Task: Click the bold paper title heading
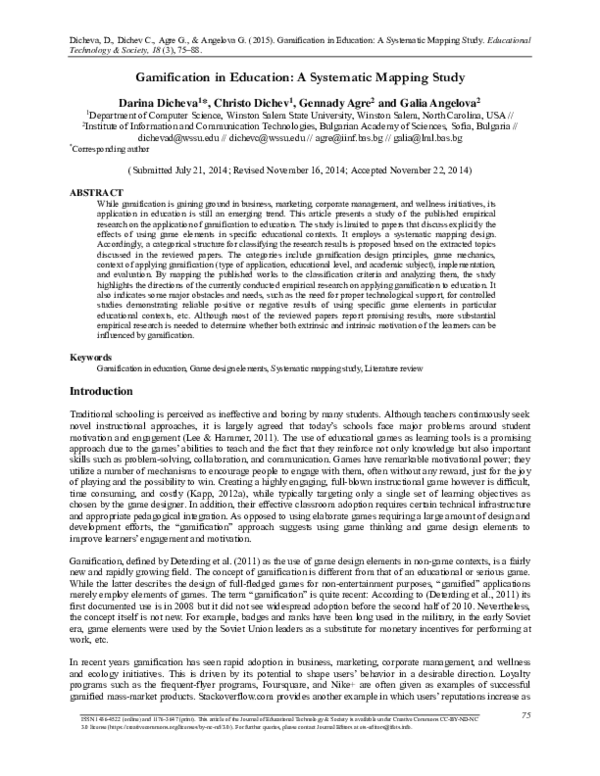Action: (x=299, y=77)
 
